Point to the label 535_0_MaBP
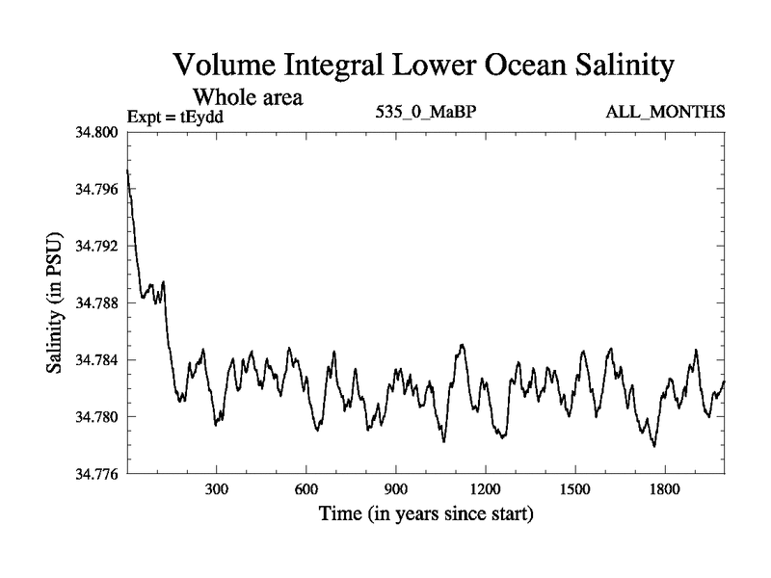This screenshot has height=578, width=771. point(427,113)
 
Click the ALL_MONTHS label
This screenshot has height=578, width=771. point(665,113)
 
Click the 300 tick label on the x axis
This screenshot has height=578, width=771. point(217,489)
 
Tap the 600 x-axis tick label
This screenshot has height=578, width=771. point(306,489)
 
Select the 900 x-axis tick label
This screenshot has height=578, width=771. point(396,489)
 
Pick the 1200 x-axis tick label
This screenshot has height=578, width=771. point(486,489)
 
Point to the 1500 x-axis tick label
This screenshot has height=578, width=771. point(575,489)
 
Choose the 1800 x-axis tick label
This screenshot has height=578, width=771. point(665,489)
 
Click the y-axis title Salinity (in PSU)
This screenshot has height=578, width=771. point(54,302)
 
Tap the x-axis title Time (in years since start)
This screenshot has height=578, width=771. point(426,514)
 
